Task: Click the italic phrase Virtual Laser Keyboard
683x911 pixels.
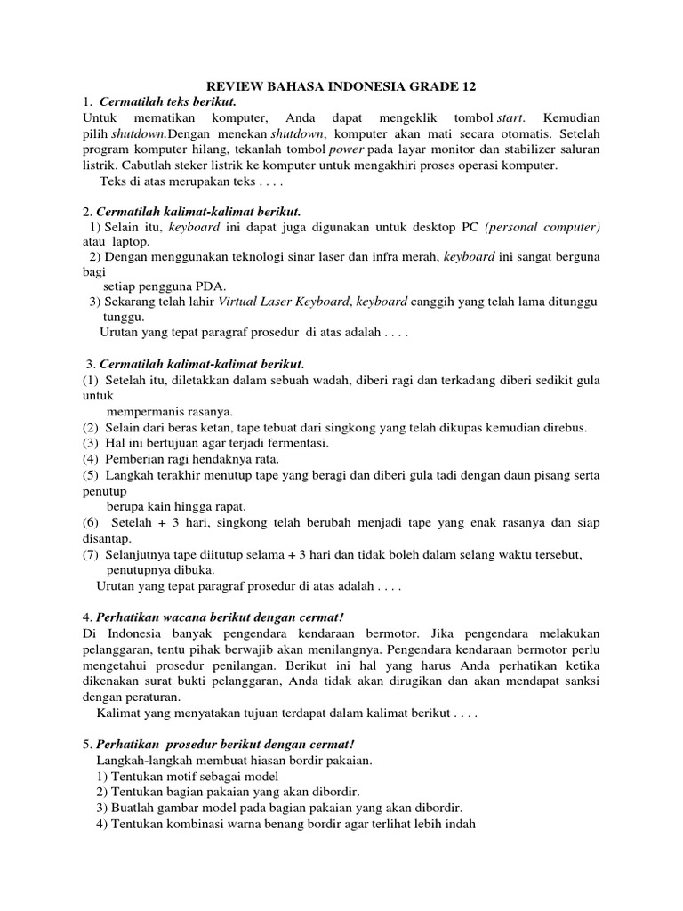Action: click(285, 302)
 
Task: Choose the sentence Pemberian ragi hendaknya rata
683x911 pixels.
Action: click(193, 459)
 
